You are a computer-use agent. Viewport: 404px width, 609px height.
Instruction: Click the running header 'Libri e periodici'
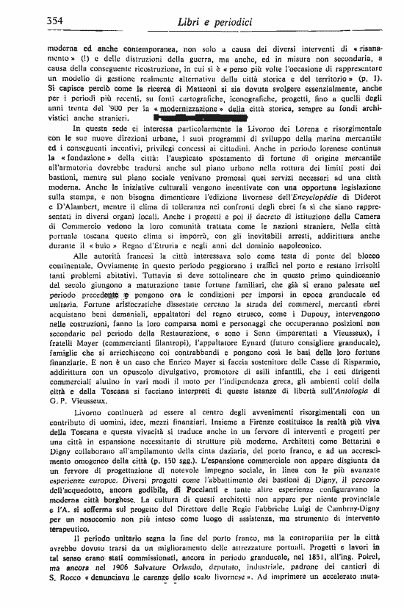207,20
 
